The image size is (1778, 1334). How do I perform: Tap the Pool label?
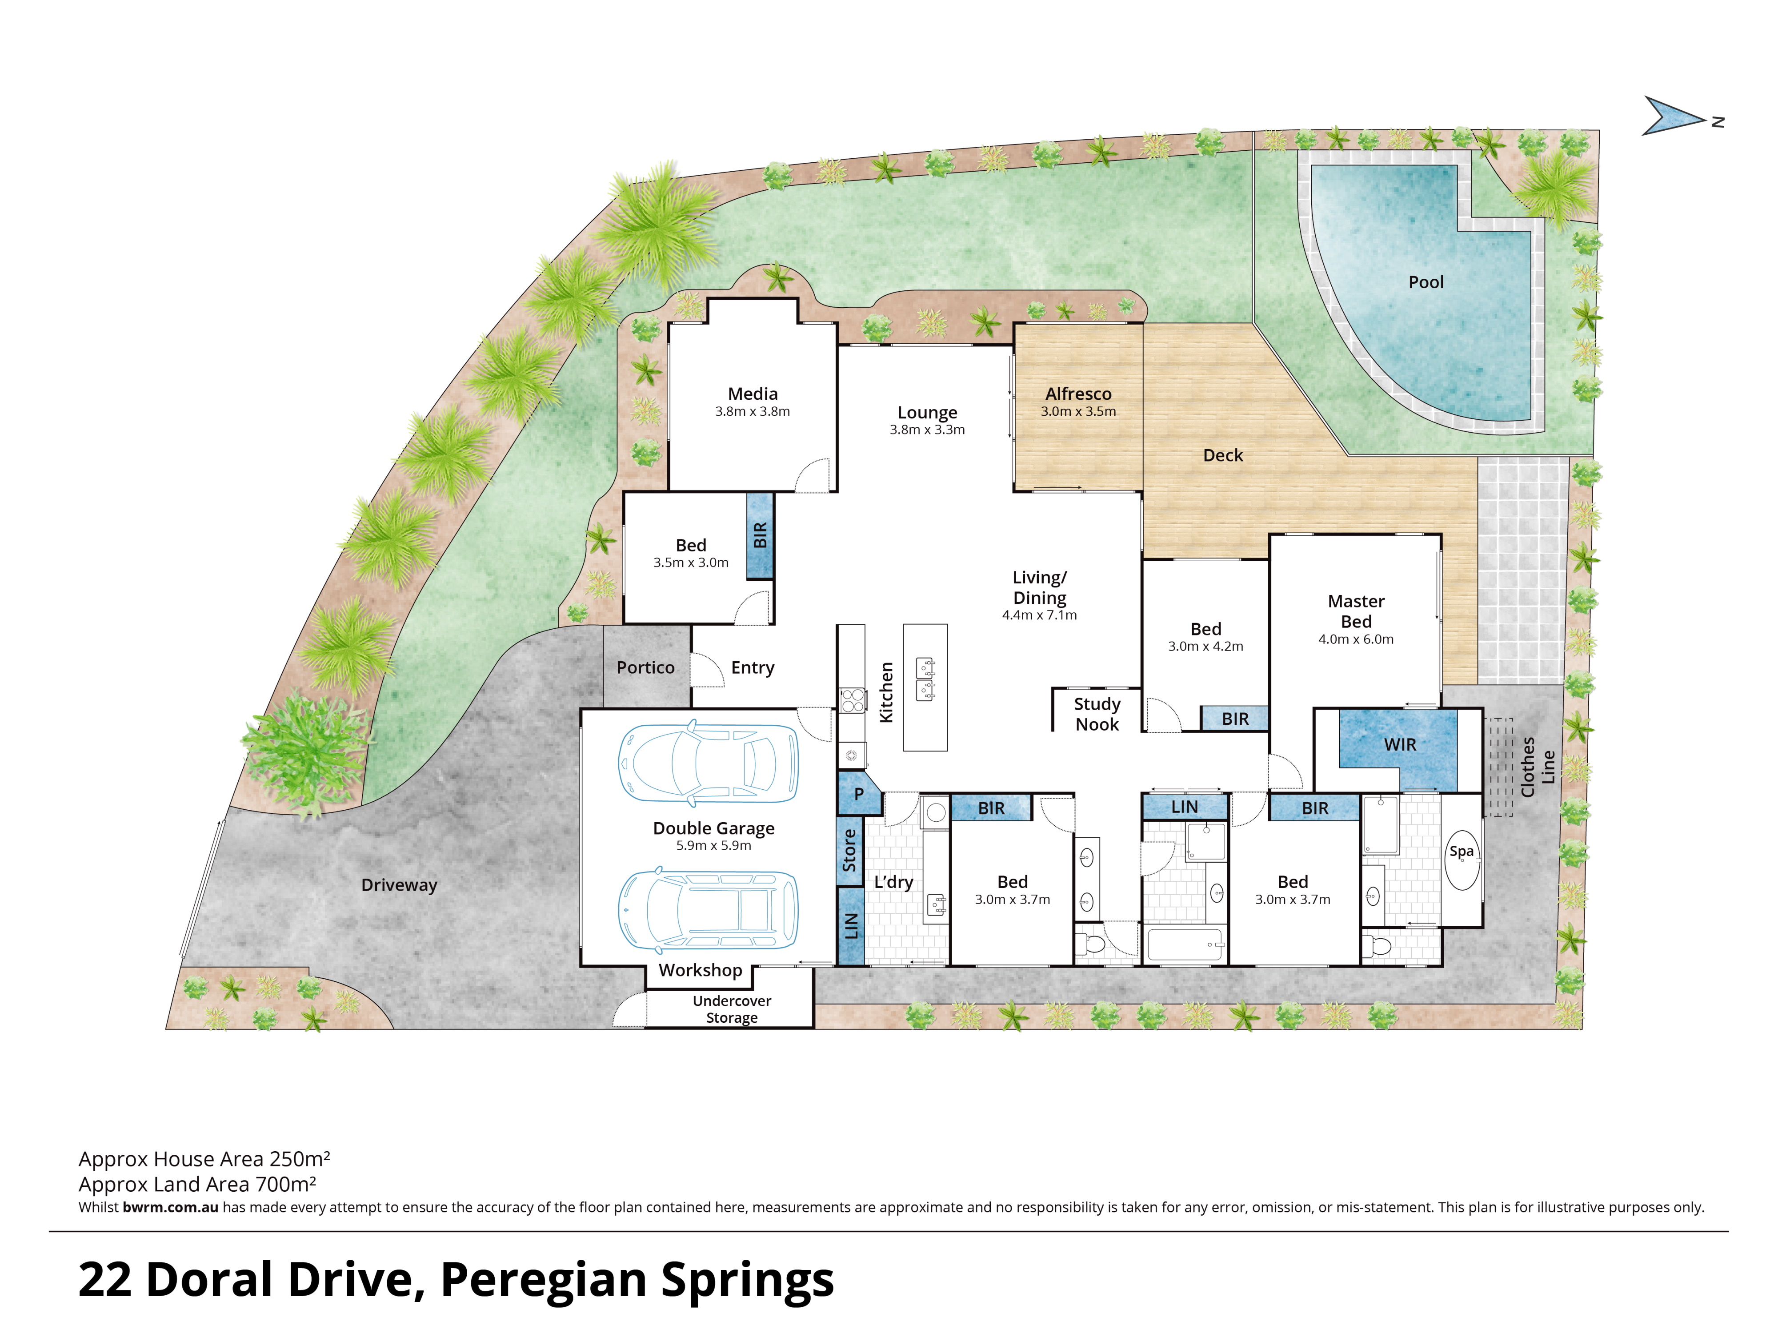click(x=1426, y=282)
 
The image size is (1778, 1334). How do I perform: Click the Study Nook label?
click(x=1097, y=714)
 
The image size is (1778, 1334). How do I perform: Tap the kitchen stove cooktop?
click(x=852, y=701)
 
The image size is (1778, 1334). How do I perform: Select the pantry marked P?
click(x=858, y=795)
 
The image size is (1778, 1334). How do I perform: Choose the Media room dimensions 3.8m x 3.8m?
click(x=753, y=412)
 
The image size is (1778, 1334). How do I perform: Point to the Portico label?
click(x=645, y=667)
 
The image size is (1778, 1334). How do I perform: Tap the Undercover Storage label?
click(x=732, y=1009)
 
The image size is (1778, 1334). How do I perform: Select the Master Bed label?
click(x=1356, y=611)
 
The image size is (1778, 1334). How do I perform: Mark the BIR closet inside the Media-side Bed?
click(x=760, y=535)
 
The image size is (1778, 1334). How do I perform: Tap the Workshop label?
click(x=700, y=970)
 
